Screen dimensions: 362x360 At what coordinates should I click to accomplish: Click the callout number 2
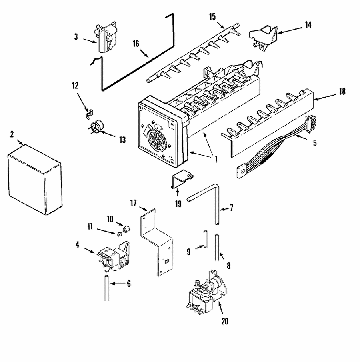pyautogui.click(x=12, y=134)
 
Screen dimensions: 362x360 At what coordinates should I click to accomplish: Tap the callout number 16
pyautogui.click(x=136, y=44)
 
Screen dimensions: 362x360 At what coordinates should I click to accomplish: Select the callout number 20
pyautogui.click(x=225, y=321)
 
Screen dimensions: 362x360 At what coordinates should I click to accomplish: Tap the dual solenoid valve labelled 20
pyautogui.click(x=205, y=294)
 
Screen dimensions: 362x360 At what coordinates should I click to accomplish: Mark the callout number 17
pyautogui.click(x=134, y=204)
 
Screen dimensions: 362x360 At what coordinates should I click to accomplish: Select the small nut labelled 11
pyautogui.click(x=120, y=234)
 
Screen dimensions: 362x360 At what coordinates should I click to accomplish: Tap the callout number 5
pyautogui.click(x=315, y=143)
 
